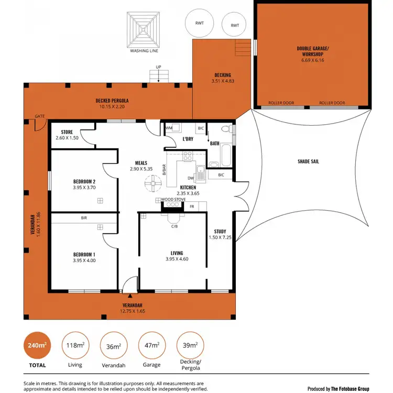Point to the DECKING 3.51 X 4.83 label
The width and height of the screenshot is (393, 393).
pyautogui.click(x=223, y=78)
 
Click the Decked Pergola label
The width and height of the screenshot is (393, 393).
pyautogui.click(x=112, y=104)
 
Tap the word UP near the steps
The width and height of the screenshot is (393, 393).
pyautogui.click(x=158, y=67)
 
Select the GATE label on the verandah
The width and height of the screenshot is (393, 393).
pyautogui.click(x=39, y=116)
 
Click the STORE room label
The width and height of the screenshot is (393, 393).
pyautogui.click(x=67, y=135)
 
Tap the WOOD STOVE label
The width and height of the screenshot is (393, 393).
pyautogui.click(x=173, y=200)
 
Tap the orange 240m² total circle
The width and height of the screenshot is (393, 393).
pyautogui.click(x=37, y=346)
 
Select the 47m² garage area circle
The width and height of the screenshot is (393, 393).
pyautogui.click(x=152, y=346)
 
